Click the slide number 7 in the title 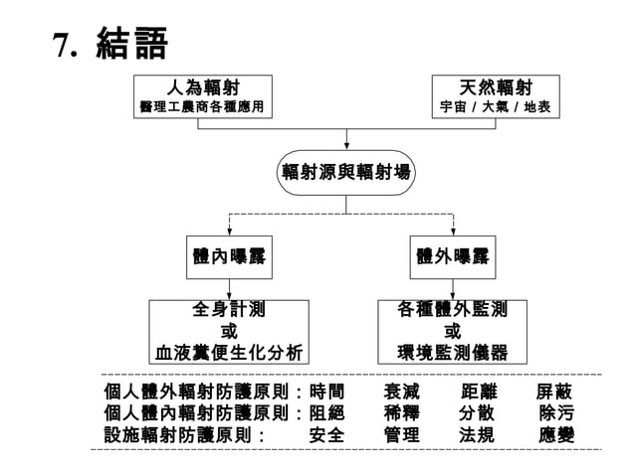click(x=63, y=46)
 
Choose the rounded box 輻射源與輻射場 click(x=345, y=172)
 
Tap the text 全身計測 click(x=229, y=310)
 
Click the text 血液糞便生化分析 click(x=229, y=352)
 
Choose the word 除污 click(x=554, y=413)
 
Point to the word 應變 click(x=554, y=435)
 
